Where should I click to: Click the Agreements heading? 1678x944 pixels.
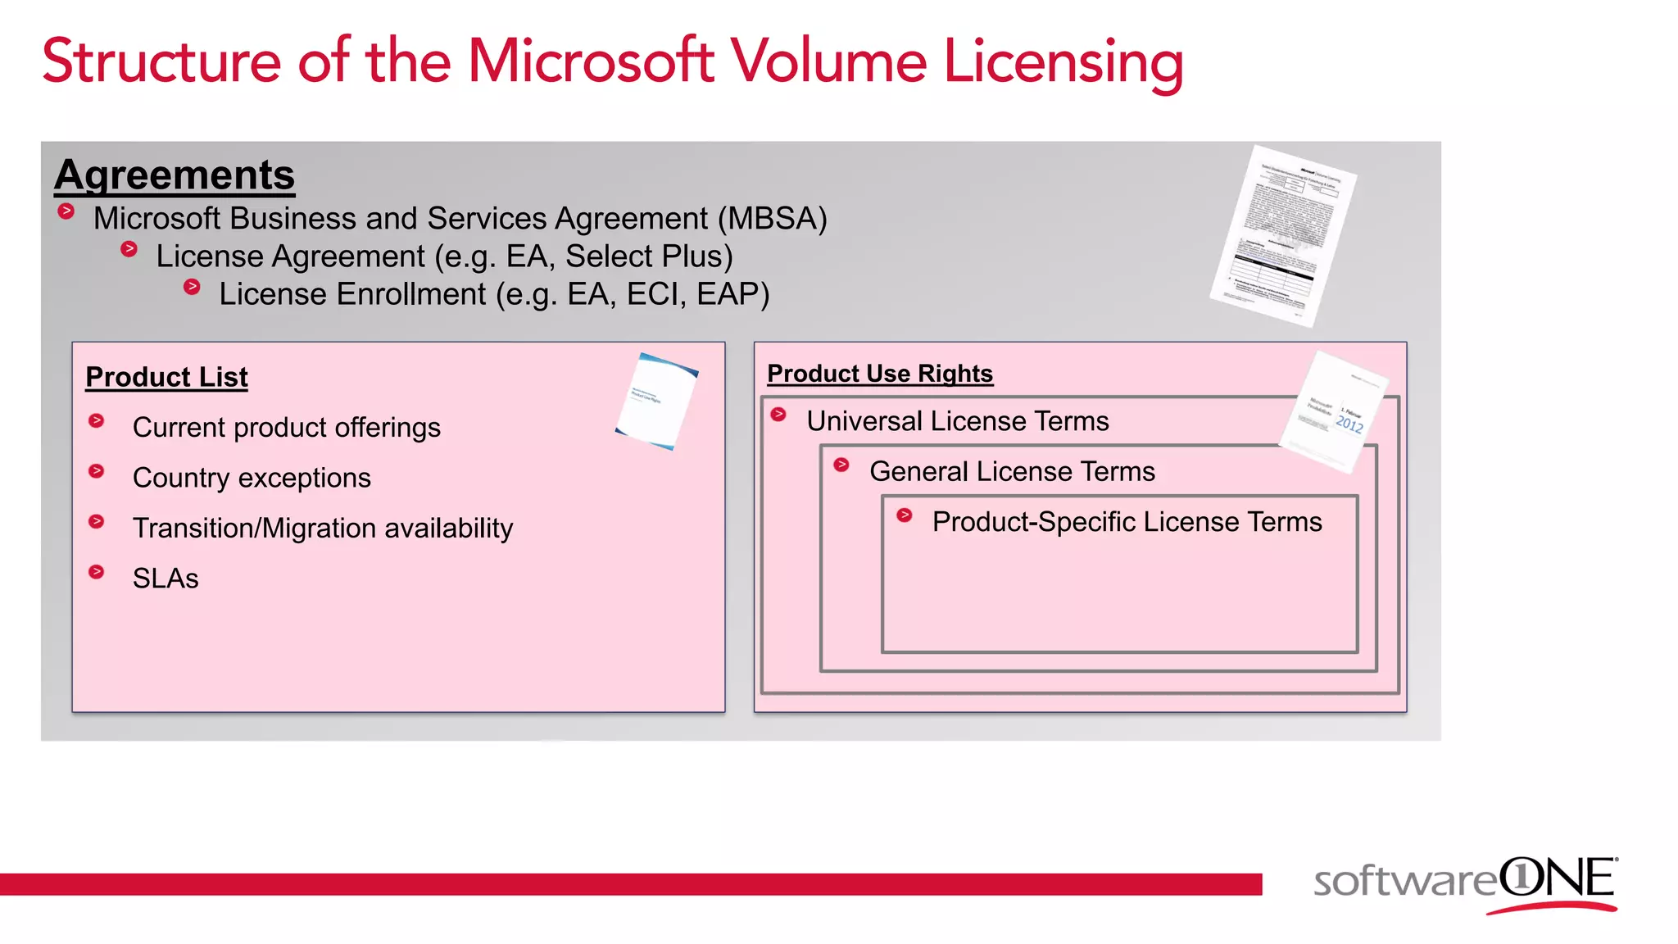point(175,175)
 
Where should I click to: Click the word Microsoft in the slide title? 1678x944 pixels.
point(590,61)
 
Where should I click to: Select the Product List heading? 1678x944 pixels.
point(166,377)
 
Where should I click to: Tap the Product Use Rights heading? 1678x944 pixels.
point(880,374)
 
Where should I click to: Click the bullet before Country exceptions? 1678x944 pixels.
point(97,471)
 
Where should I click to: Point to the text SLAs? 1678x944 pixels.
point(166,579)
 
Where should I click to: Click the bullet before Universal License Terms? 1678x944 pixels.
point(778,415)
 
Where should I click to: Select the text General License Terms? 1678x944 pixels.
point(1012,471)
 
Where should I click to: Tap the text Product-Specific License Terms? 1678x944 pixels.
point(1127,522)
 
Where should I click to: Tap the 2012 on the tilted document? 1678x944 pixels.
point(1349,424)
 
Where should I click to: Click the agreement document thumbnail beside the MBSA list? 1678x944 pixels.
point(1283,236)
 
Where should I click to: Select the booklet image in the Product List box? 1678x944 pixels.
point(656,401)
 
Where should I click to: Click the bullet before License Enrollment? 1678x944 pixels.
point(192,287)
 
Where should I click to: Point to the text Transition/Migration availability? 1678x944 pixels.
point(323,529)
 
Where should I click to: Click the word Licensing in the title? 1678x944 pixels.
point(1063,63)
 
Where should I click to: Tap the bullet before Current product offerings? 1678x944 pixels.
point(97,421)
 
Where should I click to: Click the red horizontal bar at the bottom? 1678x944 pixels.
point(631,884)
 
